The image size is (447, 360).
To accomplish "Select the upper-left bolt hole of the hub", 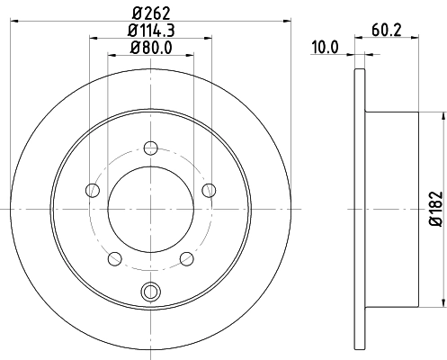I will [91, 189].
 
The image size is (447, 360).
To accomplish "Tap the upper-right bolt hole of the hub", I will [210, 189].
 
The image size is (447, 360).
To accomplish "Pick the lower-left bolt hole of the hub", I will [113, 259].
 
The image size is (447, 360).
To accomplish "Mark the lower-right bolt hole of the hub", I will [187, 259].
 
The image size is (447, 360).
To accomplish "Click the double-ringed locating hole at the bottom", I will [150, 290].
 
